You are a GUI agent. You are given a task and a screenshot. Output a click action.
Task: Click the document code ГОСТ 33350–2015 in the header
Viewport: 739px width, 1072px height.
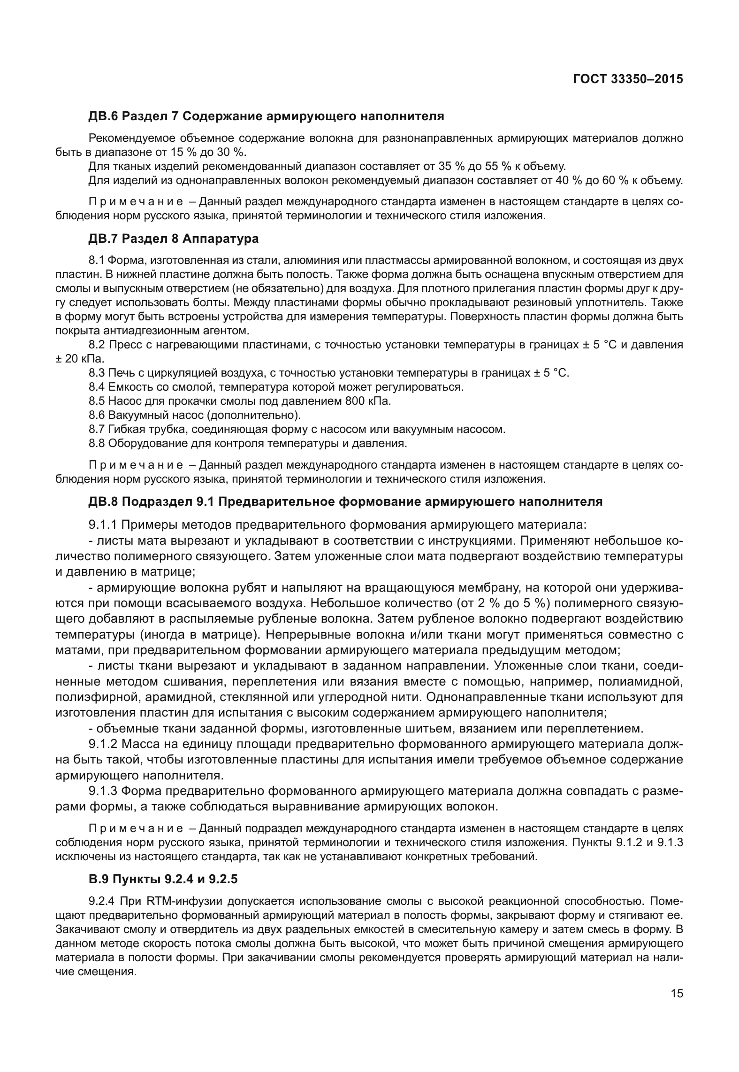628,79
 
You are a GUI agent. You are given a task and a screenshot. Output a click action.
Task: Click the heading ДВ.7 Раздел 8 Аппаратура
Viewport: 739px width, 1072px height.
174,239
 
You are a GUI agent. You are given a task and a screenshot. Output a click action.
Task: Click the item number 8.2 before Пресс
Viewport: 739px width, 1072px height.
97,345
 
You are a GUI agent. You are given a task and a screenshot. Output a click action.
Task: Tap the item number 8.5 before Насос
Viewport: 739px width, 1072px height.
97,401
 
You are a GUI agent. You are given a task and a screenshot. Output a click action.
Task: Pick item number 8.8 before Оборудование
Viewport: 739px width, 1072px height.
97,443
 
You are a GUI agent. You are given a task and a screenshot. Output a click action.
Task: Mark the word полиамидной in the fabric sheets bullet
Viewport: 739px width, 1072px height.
646,680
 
